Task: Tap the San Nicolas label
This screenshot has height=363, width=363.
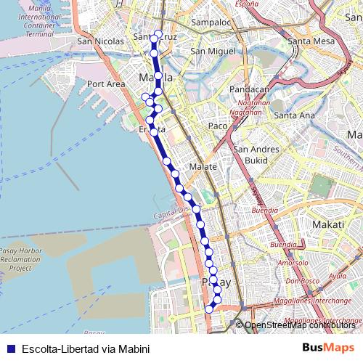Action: click(x=99, y=41)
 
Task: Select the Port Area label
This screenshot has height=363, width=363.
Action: click(x=106, y=84)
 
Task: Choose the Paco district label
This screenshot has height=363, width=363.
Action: click(x=218, y=126)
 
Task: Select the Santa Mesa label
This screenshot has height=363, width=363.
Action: click(x=311, y=41)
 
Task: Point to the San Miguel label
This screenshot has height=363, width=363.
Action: click(x=213, y=52)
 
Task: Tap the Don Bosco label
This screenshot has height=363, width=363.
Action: click(x=302, y=281)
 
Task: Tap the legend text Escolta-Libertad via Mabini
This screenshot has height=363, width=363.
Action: click(x=86, y=348)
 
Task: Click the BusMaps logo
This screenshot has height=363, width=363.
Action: click(x=328, y=348)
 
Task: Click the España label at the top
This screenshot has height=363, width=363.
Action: click(x=246, y=4)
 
